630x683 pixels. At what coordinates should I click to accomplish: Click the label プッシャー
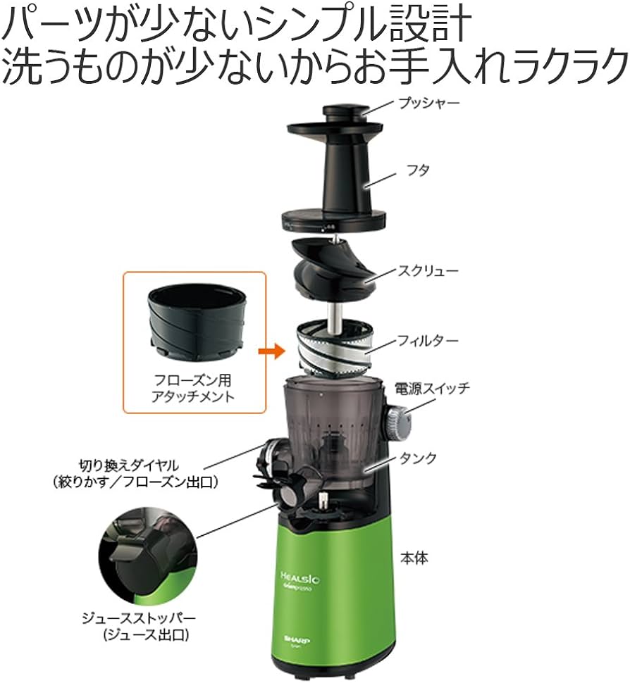click(x=429, y=104)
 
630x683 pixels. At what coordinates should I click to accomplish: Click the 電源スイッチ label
click(x=443, y=388)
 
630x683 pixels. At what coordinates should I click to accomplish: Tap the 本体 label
click(x=431, y=559)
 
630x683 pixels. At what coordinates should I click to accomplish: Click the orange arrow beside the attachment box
click(x=270, y=350)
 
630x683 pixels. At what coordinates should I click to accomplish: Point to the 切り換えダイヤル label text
click(x=130, y=465)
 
